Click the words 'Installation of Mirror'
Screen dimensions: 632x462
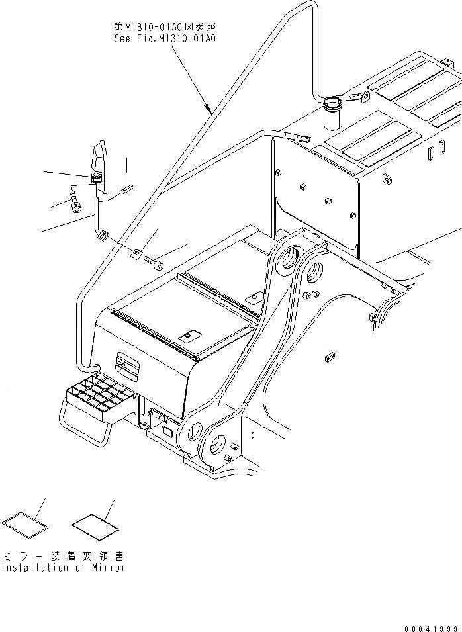[63, 568]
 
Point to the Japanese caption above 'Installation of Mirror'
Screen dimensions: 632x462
[63, 557]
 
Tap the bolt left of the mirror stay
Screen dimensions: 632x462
[75, 200]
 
